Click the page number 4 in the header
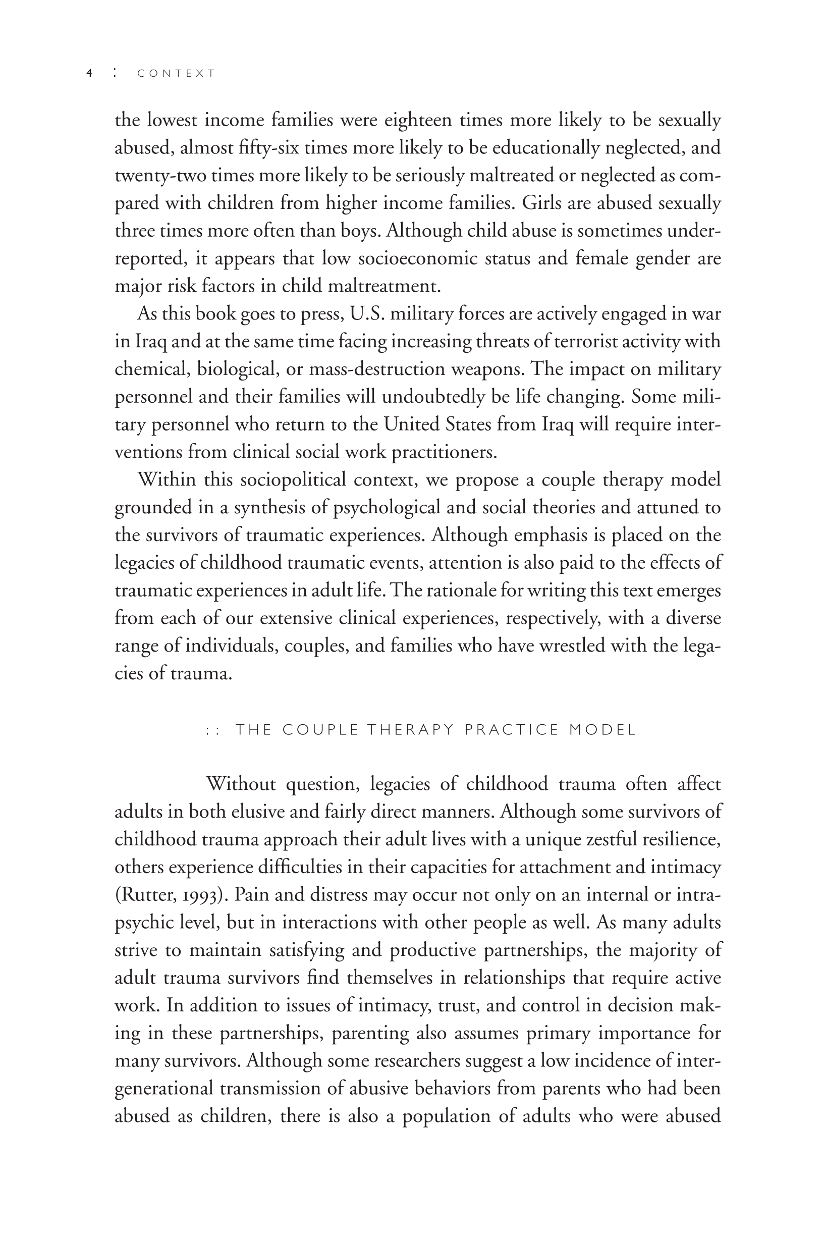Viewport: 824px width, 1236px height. (x=89, y=74)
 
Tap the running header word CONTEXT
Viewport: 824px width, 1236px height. (x=176, y=74)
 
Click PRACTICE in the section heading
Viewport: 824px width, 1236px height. (x=511, y=730)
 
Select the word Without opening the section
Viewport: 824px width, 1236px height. (x=241, y=784)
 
